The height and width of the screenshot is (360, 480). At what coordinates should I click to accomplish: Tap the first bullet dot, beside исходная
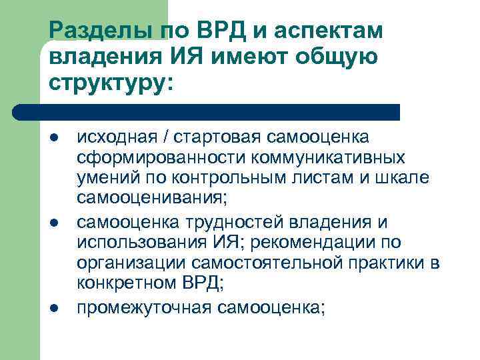(54, 137)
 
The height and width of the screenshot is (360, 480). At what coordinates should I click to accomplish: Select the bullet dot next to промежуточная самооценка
(54, 307)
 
